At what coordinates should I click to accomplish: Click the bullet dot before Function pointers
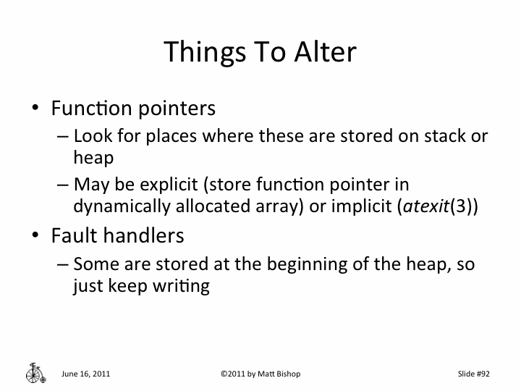pyautogui.click(x=35, y=109)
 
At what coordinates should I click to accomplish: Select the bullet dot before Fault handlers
pyautogui.click(x=35, y=236)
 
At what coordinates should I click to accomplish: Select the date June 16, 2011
pyautogui.click(x=86, y=374)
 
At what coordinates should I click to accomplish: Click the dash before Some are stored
pyautogui.click(x=62, y=264)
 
